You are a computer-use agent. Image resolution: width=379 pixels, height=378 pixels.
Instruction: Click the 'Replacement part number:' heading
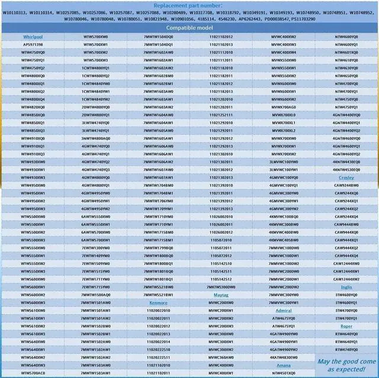click(x=189, y=5)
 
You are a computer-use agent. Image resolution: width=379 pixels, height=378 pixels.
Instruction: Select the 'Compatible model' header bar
click(x=189, y=28)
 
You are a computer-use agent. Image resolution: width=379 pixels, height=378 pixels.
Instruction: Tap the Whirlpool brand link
click(x=33, y=37)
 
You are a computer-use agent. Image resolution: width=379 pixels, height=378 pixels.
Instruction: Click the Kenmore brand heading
click(x=158, y=302)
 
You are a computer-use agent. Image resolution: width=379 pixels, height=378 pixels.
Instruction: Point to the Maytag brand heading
click(x=221, y=294)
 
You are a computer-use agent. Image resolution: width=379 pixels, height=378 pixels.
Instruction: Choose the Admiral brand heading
click(x=283, y=310)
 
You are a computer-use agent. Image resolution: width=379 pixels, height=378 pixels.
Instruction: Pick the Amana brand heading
click(x=283, y=365)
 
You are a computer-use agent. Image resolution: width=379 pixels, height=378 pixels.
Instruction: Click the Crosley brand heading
click(x=346, y=177)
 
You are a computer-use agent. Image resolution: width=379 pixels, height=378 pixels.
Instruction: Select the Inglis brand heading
click(x=346, y=286)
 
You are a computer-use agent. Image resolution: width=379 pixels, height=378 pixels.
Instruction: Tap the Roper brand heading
click(x=346, y=326)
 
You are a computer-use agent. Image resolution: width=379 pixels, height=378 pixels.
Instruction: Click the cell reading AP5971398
click(x=33, y=44)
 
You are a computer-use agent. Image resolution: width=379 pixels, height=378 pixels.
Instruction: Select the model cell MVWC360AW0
click(x=221, y=357)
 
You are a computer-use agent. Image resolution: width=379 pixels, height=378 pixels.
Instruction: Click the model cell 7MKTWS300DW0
click(x=221, y=286)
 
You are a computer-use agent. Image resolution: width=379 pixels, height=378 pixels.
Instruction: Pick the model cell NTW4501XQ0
click(x=283, y=373)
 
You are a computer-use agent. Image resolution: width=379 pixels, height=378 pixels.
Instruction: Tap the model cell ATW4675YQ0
click(x=283, y=318)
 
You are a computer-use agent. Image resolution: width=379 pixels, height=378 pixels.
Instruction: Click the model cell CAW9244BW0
click(x=346, y=185)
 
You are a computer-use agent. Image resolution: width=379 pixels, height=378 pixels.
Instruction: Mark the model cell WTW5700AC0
click(x=33, y=373)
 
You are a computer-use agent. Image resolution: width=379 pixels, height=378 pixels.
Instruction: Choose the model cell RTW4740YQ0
click(x=346, y=349)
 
